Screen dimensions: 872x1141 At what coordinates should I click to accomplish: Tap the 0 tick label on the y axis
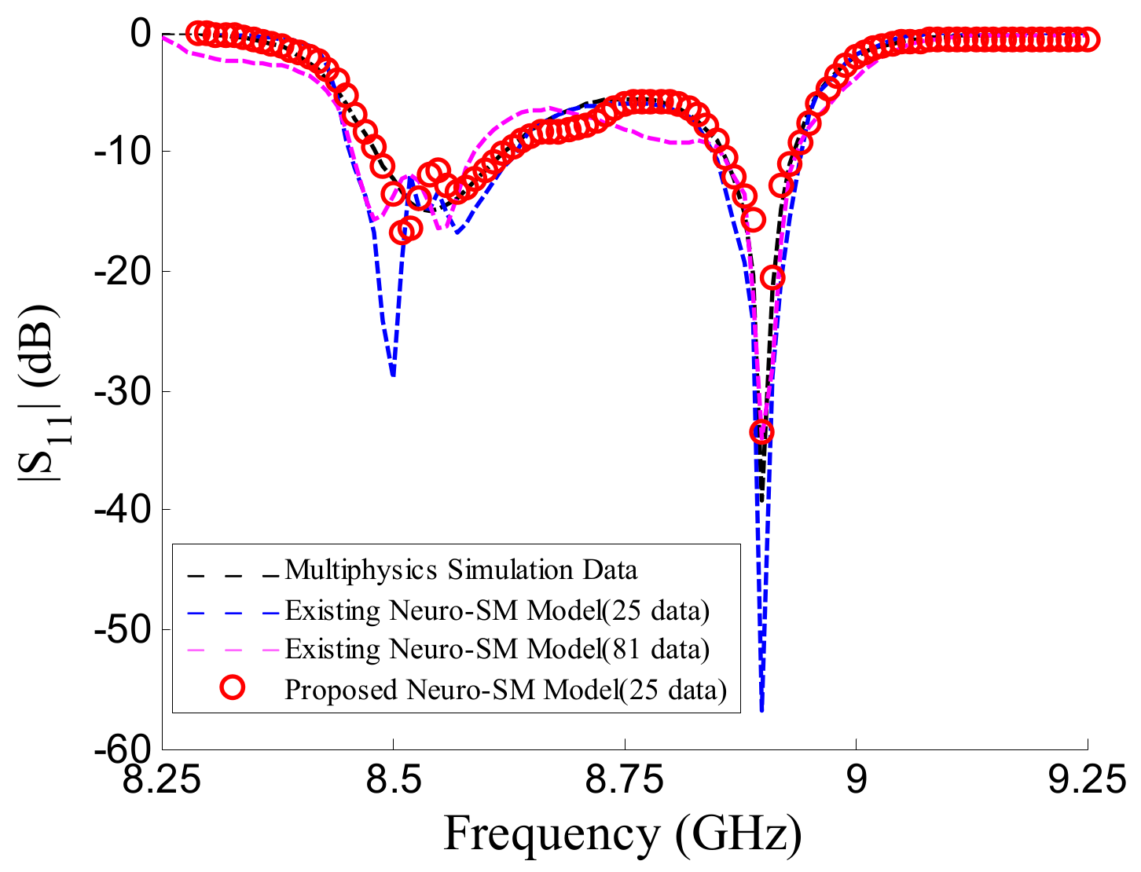141,33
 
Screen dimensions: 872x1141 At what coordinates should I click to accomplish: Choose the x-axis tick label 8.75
625,783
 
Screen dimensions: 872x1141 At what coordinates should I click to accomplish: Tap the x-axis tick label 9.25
1088,783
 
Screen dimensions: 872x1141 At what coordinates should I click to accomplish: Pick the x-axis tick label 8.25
163,783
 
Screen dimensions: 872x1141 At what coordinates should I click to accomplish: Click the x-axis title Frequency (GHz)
622,834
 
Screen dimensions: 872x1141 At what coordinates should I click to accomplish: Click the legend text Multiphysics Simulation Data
460,570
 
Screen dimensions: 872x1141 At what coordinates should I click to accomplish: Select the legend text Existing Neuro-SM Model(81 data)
497,649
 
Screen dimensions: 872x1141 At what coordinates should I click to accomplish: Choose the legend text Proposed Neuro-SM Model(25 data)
505,689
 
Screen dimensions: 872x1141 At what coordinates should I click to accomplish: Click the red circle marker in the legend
233,688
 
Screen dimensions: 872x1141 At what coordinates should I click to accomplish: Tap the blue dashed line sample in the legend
233,610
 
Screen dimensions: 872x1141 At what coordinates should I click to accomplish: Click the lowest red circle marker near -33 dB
761,431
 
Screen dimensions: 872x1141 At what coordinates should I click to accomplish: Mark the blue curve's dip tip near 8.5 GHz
393,375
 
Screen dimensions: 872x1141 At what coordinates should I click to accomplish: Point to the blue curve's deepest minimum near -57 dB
761,709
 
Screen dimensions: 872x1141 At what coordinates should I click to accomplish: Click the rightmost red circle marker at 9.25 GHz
1088,39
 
